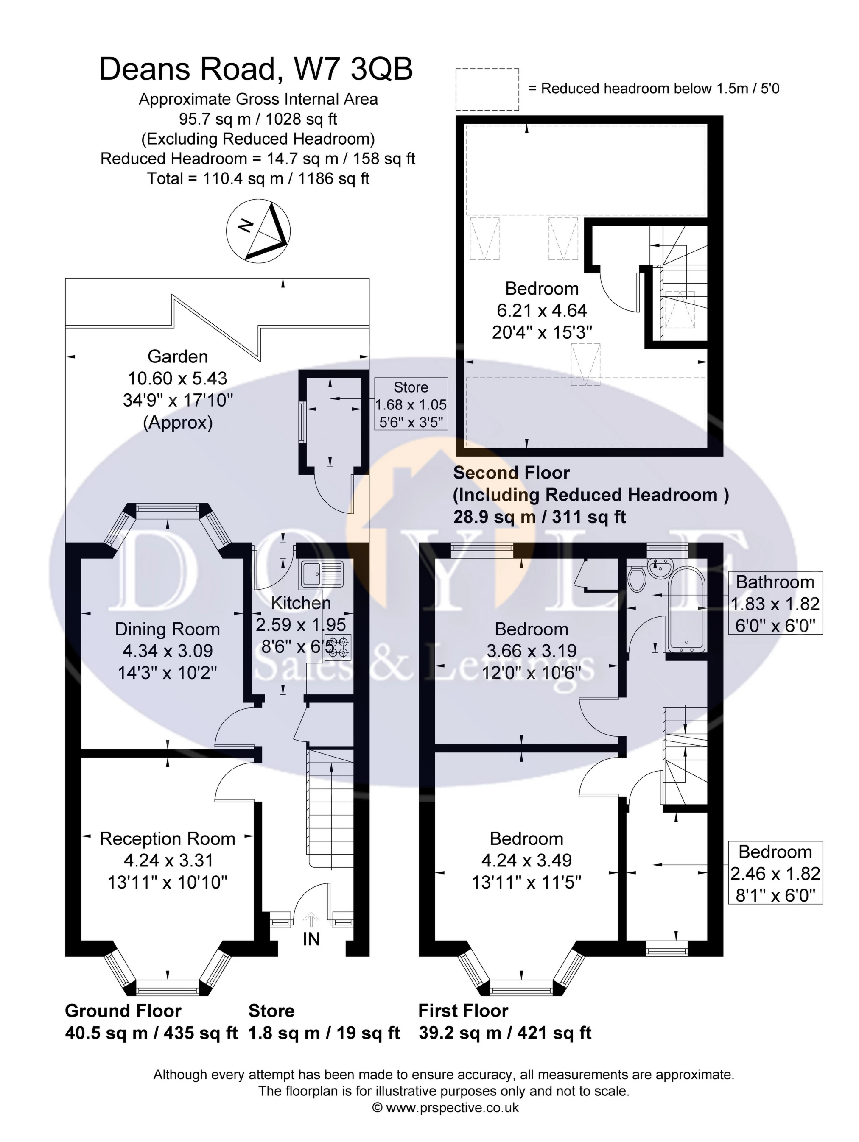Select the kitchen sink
[x=321, y=574]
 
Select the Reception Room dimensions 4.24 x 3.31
[x=168, y=861]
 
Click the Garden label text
[x=178, y=356]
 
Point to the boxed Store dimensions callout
[x=411, y=405]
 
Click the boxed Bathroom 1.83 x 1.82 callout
[x=775, y=603]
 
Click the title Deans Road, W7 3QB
[x=256, y=69]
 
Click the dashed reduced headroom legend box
[x=487, y=89]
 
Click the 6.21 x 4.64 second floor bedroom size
[x=541, y=310]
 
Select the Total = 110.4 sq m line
[x=258, y=178]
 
